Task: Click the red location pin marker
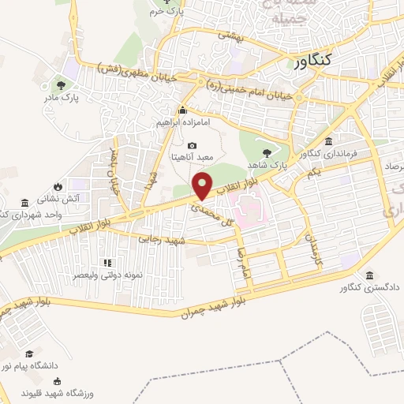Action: [204, 186]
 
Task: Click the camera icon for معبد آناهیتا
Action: [193, 145]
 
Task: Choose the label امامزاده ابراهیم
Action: [182, 123]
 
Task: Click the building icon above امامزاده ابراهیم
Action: [182, 110]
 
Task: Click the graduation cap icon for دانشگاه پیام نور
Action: [29, 353]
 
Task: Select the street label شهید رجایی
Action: [161, 239]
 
